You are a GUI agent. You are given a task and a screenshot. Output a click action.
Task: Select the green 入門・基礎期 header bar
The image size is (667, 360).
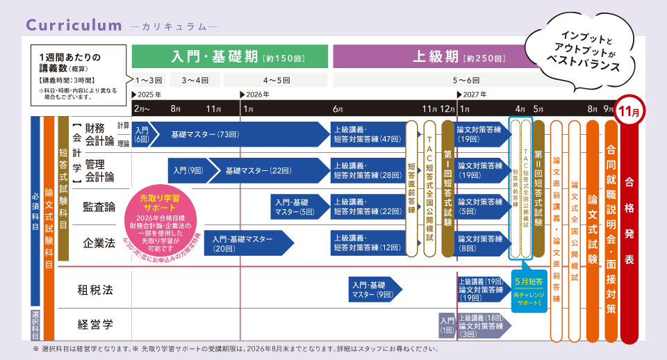230,56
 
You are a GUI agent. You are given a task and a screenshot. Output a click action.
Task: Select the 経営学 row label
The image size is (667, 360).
95,324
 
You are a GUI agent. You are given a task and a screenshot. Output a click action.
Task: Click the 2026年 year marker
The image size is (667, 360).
257,94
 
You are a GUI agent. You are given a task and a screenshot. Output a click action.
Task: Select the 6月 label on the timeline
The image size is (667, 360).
337,109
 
